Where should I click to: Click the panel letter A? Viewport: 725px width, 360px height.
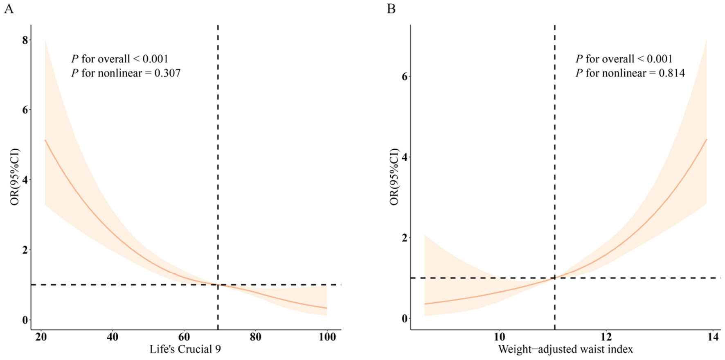tap(9, 9)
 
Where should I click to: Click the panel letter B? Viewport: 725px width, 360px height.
tap(391, 9)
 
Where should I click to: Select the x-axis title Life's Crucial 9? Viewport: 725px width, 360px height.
tap(185, 349)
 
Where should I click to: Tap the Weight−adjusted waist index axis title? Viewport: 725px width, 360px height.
tap(565, 349)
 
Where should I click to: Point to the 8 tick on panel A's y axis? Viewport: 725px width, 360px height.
tap(25, 40)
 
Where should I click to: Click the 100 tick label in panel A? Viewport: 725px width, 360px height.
tap(327, 337)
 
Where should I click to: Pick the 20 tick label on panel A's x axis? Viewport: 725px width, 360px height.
tap(41, 337)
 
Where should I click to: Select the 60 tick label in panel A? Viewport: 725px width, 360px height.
tap(184, 337)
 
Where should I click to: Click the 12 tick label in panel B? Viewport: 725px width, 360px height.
tap(606, 337)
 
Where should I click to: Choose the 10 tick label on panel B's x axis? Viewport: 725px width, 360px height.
tap(499, 337)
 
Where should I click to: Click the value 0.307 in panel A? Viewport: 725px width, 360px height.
tap(167, 73)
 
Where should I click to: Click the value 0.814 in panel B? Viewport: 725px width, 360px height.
tap(671, 73)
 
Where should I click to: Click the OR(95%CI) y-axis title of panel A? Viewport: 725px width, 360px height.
tap(15, 177)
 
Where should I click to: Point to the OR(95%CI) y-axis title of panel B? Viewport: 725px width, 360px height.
tap(394, 177)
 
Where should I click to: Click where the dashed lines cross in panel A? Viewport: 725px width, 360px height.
tap(218, 284)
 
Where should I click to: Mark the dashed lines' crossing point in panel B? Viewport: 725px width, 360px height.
tap(555, 278)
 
